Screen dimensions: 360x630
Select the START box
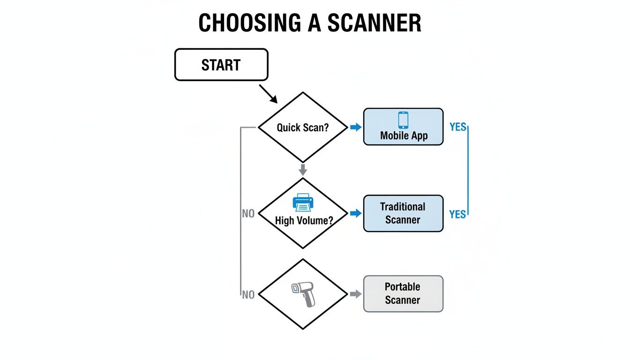point(221,65)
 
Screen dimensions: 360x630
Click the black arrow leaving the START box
point(268,94)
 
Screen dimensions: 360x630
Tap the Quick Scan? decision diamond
point(303,127)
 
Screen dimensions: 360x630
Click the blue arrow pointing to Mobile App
point(355,127)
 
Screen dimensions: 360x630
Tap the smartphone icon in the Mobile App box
point(403,120)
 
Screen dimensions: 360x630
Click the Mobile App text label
point(404,136)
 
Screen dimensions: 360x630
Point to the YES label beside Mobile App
point(457,127)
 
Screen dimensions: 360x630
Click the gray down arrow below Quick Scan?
point(303,169)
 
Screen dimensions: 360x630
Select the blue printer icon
point(303,202)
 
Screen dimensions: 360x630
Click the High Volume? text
point(304,220)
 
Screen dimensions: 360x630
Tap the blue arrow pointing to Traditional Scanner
point(356,213)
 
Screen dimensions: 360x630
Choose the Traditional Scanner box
point(403,213)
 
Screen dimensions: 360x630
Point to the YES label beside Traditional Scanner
point(457,214)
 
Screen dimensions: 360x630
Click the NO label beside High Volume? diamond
point(248,214)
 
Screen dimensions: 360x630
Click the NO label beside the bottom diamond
point(248,295)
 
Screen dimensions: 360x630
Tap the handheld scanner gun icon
point(303,294)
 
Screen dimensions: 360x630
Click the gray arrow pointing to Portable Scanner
point(356,294)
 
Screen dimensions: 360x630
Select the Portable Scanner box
point(403,293)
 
